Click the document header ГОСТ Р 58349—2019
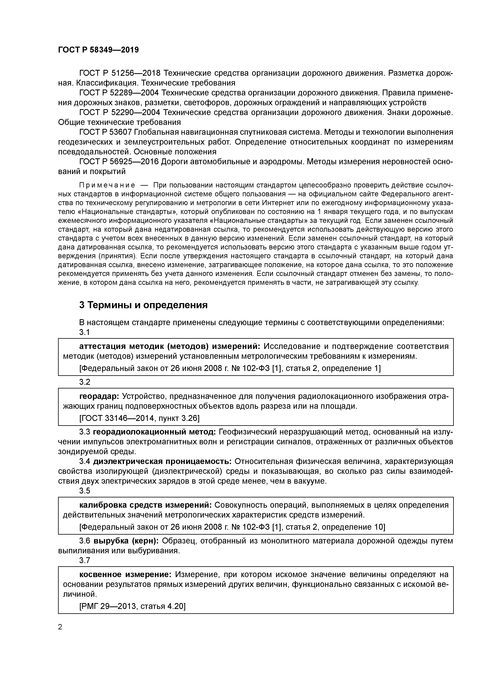98,50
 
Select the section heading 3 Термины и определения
143,305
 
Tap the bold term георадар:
99,396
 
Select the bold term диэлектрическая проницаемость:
162,461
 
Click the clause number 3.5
84,491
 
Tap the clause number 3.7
84,560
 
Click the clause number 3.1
84,332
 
